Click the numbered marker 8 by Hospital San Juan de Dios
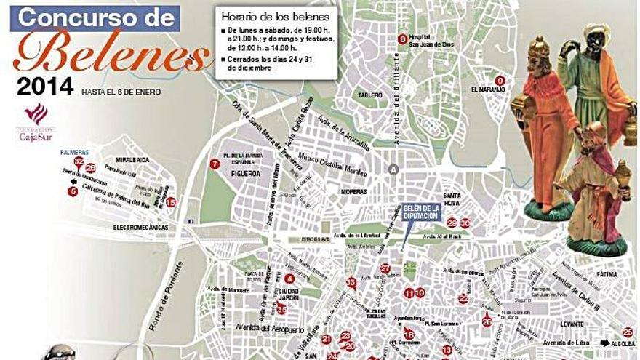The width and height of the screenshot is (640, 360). pyautogui.click(x=402, y=39)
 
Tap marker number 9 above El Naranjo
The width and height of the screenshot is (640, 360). pyautogui.click(x=499, y=80)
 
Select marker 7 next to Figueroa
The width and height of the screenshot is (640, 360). pyautogui.click(x=214, y=164)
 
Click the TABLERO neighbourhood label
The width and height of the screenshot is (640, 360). pyautogui.click(x=370, y=95)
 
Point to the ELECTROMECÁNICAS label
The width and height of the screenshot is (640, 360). pyautogui.click(x=140, y=228)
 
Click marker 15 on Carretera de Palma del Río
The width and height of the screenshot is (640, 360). pyautogui.click(x=171, y=202)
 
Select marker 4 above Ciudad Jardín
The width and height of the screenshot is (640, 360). pyautogui.click(x=289, y=278)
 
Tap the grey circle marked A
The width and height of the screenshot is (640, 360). pyautogui.click(x=393, y=169)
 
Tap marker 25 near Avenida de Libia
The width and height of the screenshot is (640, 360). pyautogui.click(x=628, y=332)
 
